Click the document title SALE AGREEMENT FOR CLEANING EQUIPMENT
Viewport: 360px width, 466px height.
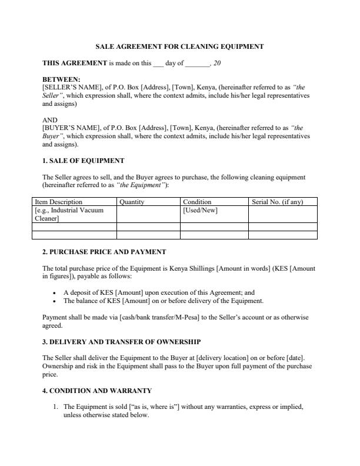point(179,46)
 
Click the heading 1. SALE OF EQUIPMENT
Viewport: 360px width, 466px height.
point(83,161)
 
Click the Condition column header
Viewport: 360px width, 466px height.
point(197,202)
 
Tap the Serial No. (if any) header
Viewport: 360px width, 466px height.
point(277,202)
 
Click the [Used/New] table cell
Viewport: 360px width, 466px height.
point(201,210)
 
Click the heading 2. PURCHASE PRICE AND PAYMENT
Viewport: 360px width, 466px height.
point(104,252)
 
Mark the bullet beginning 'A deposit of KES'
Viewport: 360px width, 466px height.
point(158,292)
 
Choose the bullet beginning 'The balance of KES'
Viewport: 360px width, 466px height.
point(163,301)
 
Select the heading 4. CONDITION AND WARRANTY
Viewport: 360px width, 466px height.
point(97,390)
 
